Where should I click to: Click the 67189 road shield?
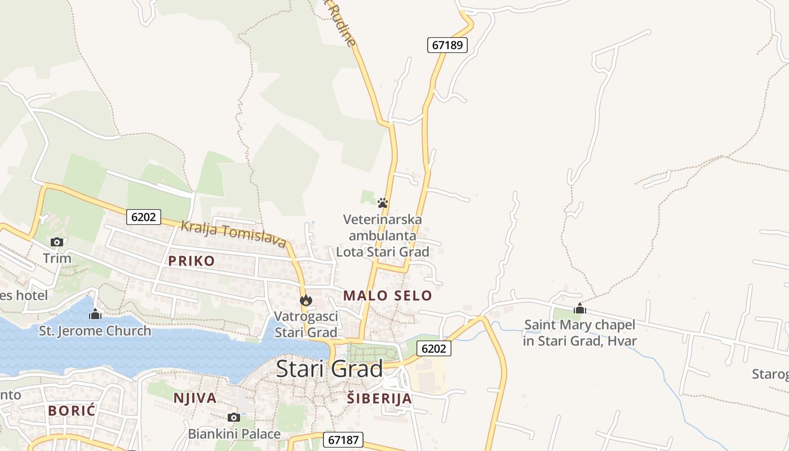[x=447, y=45]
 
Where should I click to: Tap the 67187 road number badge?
[x=343, y=440]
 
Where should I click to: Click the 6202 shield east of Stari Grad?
[x=433, y=348]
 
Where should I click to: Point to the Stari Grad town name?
[x=330, y=369]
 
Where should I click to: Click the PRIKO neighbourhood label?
[x=192, y=260]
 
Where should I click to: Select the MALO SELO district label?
[x=388, y=295]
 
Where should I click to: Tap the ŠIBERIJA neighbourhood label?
[x=379, y=399]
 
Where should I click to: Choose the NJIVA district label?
[x=195, y=398]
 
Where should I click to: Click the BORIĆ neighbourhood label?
[x=72, y=410]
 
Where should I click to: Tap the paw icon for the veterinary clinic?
[x=383, y=203]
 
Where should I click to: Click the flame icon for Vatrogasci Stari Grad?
[x=306, y=300]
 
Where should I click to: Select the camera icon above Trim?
[x=57, y=242]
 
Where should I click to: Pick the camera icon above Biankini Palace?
[x=234, y=417]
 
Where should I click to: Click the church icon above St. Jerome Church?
[x=95, y=314]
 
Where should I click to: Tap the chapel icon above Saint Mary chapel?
[x=579, y=308]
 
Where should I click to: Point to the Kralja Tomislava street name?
[x=233, y=234]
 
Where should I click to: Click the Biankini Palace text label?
[x=234, y=434]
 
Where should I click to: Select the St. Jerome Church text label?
[x=95, y=331]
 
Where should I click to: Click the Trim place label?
[x=57, y=259]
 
